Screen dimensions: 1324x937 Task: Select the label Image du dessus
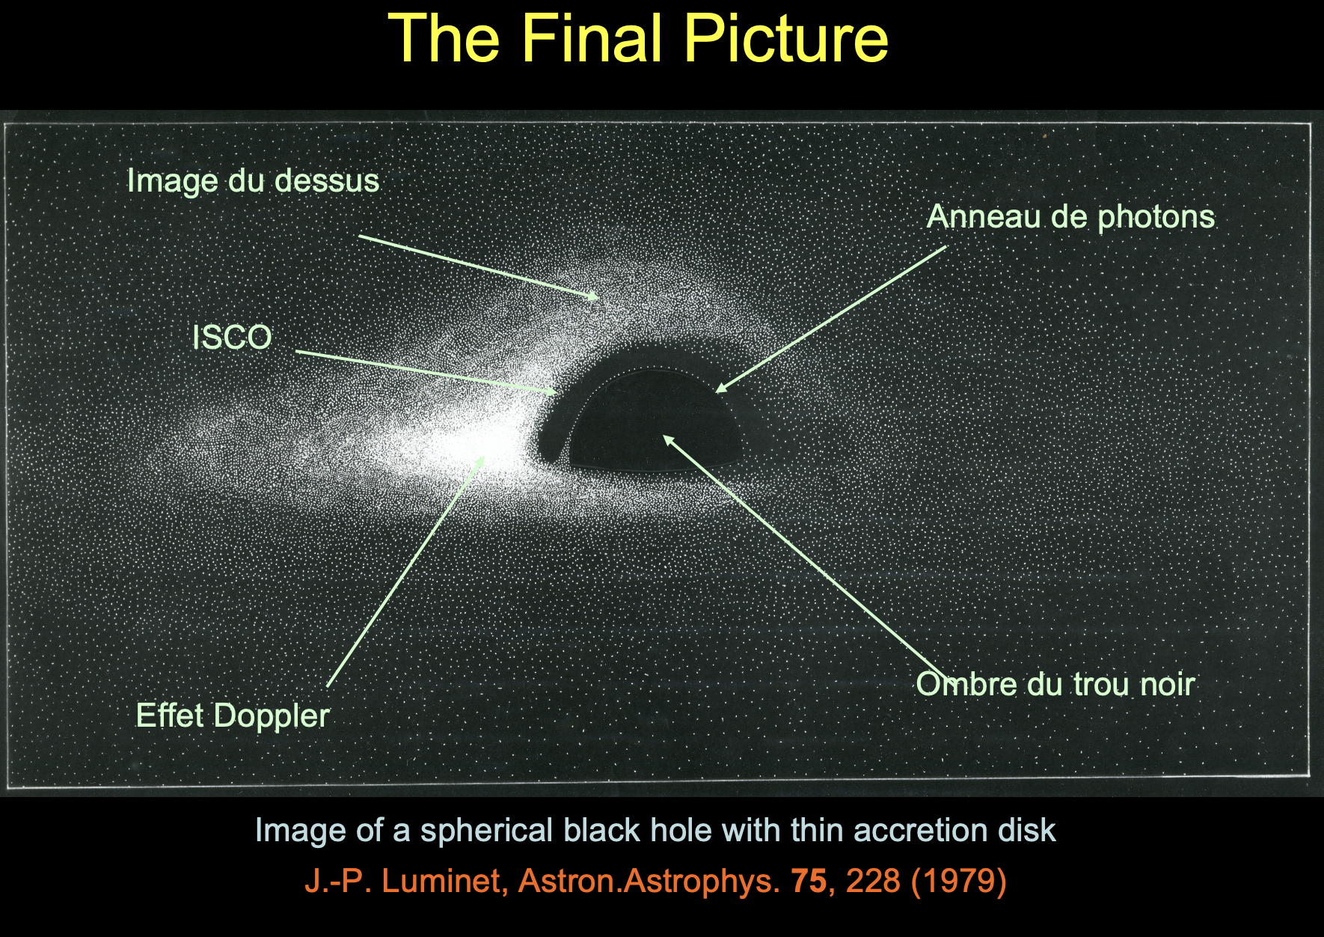tap(253, 180)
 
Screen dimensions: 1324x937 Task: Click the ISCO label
tap(232, 338)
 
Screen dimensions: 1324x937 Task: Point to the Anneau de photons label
tap(1070, 217)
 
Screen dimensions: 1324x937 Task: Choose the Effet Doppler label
tap(233, 715)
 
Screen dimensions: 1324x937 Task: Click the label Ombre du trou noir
tap(1055, 684)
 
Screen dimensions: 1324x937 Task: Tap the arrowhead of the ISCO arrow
tap(553, 391)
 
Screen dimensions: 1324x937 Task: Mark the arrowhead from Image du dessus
tap(595, 296)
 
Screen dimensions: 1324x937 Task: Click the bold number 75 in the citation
tap(808, 880)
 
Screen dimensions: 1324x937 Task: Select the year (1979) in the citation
tap(958, 881)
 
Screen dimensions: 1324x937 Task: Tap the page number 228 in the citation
tap(873, 880)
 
